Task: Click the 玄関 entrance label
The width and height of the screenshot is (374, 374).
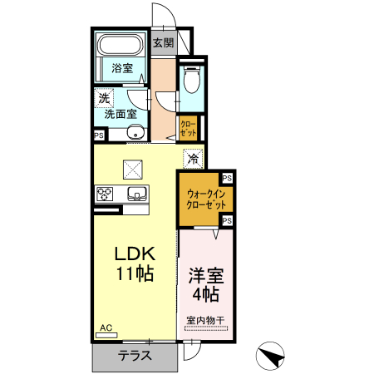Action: (x=163, y=42)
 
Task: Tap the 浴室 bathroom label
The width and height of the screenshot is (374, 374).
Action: (x=122, y=68)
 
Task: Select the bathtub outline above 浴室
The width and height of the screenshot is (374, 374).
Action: (x=121, y=45)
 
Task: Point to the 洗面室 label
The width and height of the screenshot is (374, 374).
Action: (x=121, y=115)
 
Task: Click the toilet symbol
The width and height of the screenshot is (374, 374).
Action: (x=192, y=80)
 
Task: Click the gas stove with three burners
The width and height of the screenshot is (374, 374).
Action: (x=106, y=194)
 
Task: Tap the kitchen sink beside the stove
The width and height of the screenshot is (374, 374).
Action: (x=136, y=194)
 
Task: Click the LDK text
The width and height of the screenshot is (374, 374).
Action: (x=135, y=253)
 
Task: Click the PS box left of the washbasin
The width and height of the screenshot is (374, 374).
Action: (x=98, y=135)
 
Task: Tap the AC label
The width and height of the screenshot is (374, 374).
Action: (x=106, y=327)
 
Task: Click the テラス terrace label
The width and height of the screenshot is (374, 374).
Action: (x=134, y=355)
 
